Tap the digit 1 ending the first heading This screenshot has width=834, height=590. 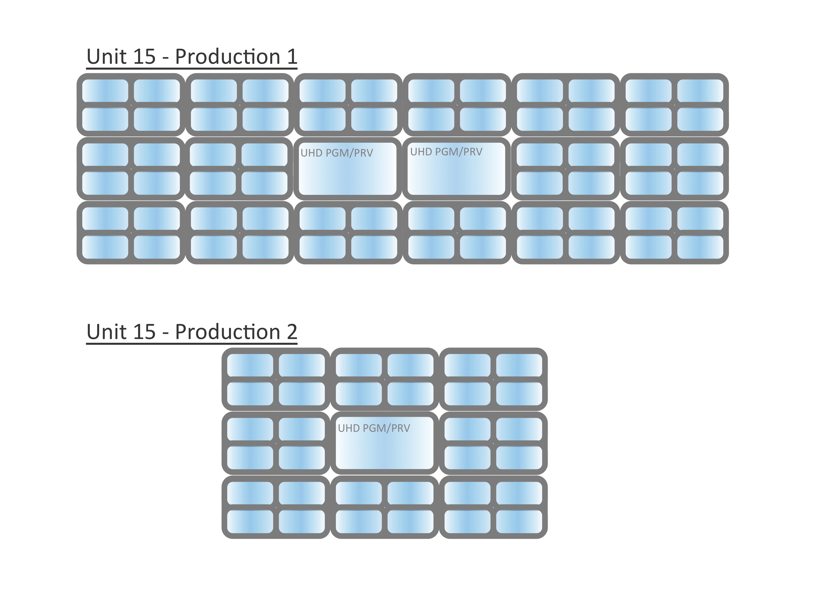click(292, 57)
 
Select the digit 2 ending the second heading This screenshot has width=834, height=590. click(292, 332)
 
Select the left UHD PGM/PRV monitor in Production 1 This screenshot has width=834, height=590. click(348, 169)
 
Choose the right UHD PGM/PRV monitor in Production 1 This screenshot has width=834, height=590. click(456, 169)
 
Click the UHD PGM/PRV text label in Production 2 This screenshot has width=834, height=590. click(374, 428)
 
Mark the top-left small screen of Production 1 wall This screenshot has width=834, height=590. click(105, 91)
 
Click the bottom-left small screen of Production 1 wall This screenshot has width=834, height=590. click(105, 247)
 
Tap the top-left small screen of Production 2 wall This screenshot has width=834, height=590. click(250, 365)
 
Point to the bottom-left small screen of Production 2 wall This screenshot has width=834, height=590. click(250, 522)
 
